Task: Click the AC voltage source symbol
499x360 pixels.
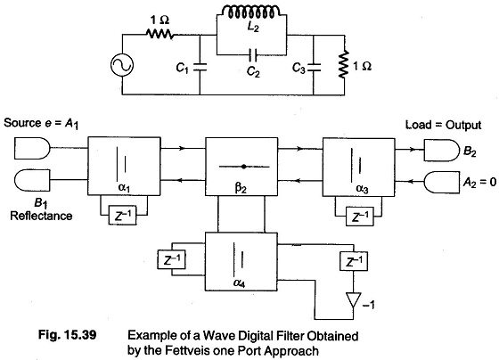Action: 122,65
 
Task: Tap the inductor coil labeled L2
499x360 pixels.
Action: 251,12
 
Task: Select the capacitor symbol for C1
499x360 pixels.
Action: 200,67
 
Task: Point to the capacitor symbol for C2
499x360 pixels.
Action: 253,54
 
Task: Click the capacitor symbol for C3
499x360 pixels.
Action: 314,67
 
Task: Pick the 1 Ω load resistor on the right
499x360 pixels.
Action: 344,65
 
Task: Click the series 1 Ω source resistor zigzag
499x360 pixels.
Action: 160,33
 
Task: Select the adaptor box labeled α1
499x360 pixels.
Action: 124,166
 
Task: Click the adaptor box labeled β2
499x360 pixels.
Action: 241,167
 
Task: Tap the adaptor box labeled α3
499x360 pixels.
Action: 359,168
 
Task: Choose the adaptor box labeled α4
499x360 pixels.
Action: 241,262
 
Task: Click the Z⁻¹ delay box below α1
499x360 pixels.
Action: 123,215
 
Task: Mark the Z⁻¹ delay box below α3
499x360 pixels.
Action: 360,217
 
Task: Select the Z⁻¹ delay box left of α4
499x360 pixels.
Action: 171,259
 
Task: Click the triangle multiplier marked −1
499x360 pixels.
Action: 353,299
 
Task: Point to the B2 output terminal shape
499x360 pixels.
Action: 442,150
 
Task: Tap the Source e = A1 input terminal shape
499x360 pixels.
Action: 32,148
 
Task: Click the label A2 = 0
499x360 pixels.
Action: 479,182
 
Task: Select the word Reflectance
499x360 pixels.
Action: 41,216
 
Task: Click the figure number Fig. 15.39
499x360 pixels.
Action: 67,335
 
